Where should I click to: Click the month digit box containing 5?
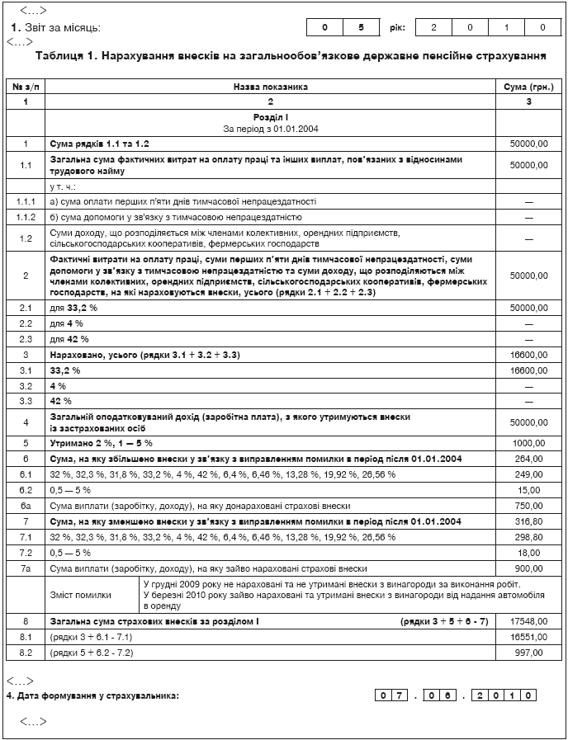point(360,27)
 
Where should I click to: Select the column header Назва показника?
point(270,86)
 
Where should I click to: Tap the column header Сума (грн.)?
point(528,86)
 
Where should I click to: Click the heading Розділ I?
point(270,118)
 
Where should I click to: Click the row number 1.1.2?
point(26,217)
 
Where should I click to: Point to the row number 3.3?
point(26,400)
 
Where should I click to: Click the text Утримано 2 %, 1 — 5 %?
point(101,443)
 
